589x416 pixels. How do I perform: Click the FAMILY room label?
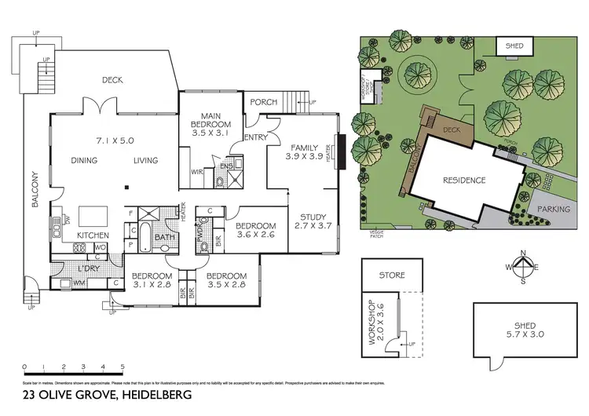point(304,148)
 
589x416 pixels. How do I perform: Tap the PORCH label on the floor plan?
point(264,103)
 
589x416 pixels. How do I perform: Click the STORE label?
point(392,276)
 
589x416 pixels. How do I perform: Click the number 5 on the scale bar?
point(123,367)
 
